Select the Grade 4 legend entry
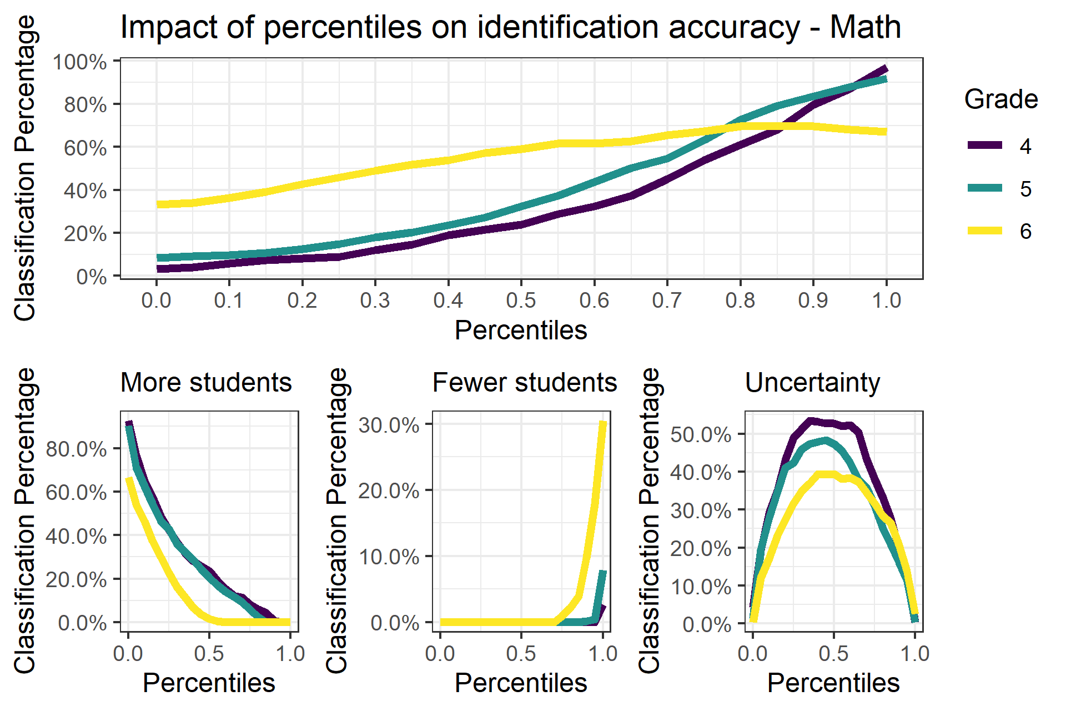pyautogui.click(x=999, y=146)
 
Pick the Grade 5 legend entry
pyautogui.click(x=999, y=189)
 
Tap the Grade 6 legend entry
pyautogui.click(x=999, y=231)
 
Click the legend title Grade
pyautogui.click(x=1000, y=99)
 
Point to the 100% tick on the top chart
pyautogui.click(x=79, y=62)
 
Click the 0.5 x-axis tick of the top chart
pyautogui.click(x=521, y=301)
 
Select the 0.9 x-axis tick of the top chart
pyautogui.click(x=813, y=301)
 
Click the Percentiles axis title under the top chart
pyautogui.click(x=521, y=330)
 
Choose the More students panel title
pyautogui.click(x=206, y=383)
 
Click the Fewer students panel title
pyautogui.click(x=524, y=383)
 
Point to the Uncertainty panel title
pyautogui.click(x=812, y=383)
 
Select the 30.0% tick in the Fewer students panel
pyautogui.click(x=389, y=425)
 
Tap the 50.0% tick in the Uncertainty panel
pyautogui.click(x=701, y=434)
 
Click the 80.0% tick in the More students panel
pyautogui.click(x=76, y=449)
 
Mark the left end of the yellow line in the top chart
pyautogui.click(x=158, y=204)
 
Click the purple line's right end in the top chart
pyautogui.click(x=886, y=69)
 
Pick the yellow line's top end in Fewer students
pyautogui.click(x=604, y=423)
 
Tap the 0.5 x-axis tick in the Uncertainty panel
pyautogui.click(x=833, y=654)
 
